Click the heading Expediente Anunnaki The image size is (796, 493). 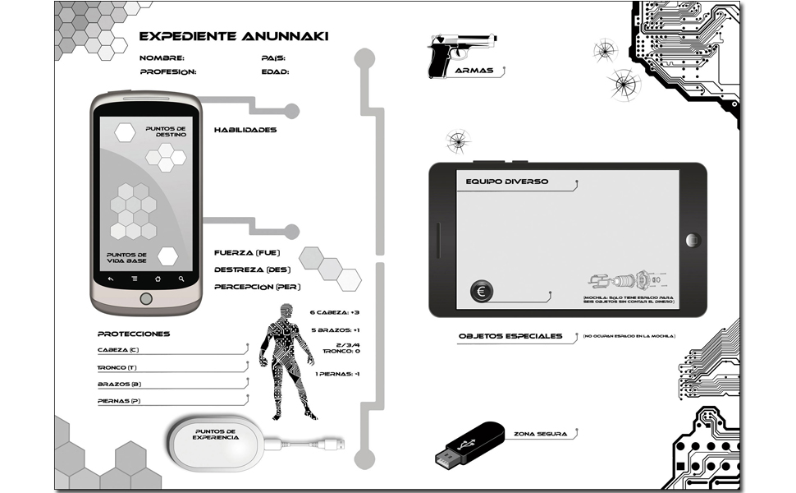(234, 37)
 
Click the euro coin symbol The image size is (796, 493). (483, 291)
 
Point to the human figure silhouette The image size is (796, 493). (286, 357)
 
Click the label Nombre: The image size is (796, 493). (162, 58)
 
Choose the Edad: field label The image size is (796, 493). (275, 71)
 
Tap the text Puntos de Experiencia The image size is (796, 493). (216, 435)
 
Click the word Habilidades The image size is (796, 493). (245, 130)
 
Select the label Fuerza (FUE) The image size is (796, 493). (247, 252)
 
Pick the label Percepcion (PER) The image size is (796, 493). (258, 287)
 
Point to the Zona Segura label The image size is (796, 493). (540, 433)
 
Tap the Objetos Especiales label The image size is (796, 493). (510, 336)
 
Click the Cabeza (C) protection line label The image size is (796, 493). (118, 350)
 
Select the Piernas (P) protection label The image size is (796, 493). (119, 401)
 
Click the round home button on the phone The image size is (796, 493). (147, 297)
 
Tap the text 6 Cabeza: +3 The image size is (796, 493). (336, 313)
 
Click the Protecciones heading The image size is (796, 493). (134, 334)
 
